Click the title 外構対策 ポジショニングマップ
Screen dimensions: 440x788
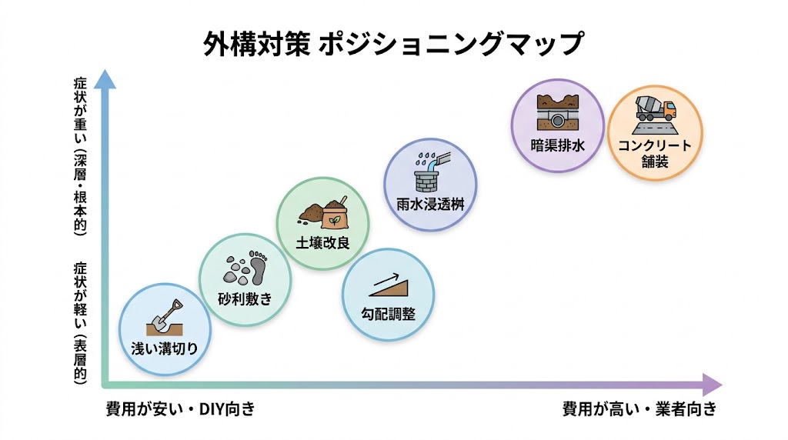coord(393,44)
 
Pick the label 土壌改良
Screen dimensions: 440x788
coord(322,244)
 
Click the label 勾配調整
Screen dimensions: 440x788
coord(388,314)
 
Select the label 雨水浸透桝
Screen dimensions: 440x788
coord(431,204)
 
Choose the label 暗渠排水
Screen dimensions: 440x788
coord(559,144)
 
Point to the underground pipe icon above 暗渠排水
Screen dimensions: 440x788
coord(559,112)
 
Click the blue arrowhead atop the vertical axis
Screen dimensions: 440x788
coord(105,79)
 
